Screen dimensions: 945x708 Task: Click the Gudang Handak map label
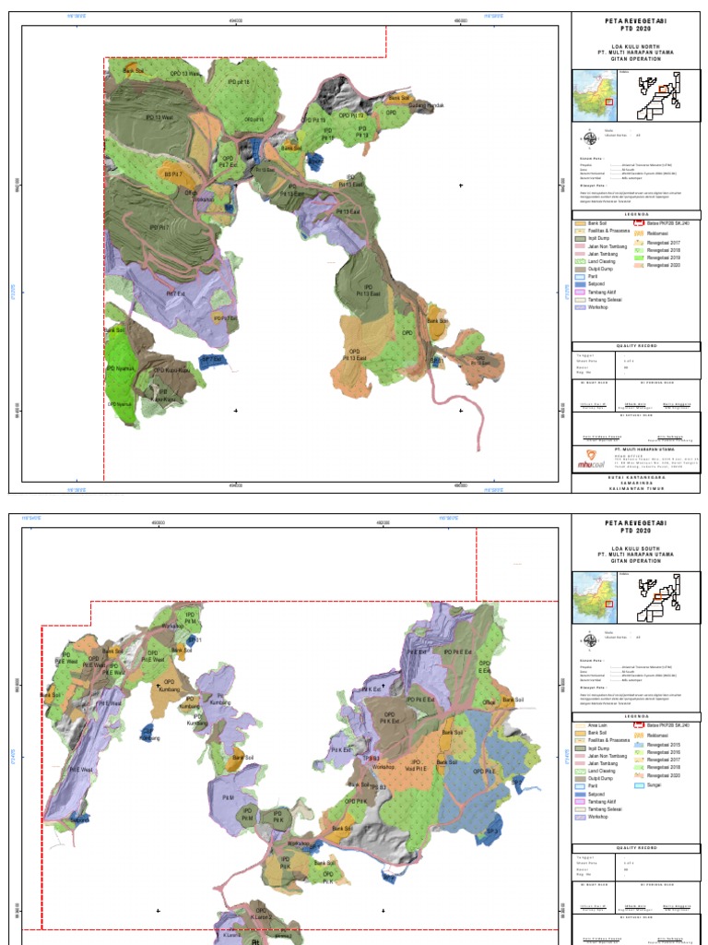click(x=427, y=105)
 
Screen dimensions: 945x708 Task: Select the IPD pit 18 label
click(x=238, y=82)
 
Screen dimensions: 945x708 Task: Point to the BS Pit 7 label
click(x=173, y=173)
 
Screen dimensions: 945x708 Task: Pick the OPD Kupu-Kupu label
click(x=171, y=371)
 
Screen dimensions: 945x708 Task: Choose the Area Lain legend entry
click(x=596, y=725)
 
